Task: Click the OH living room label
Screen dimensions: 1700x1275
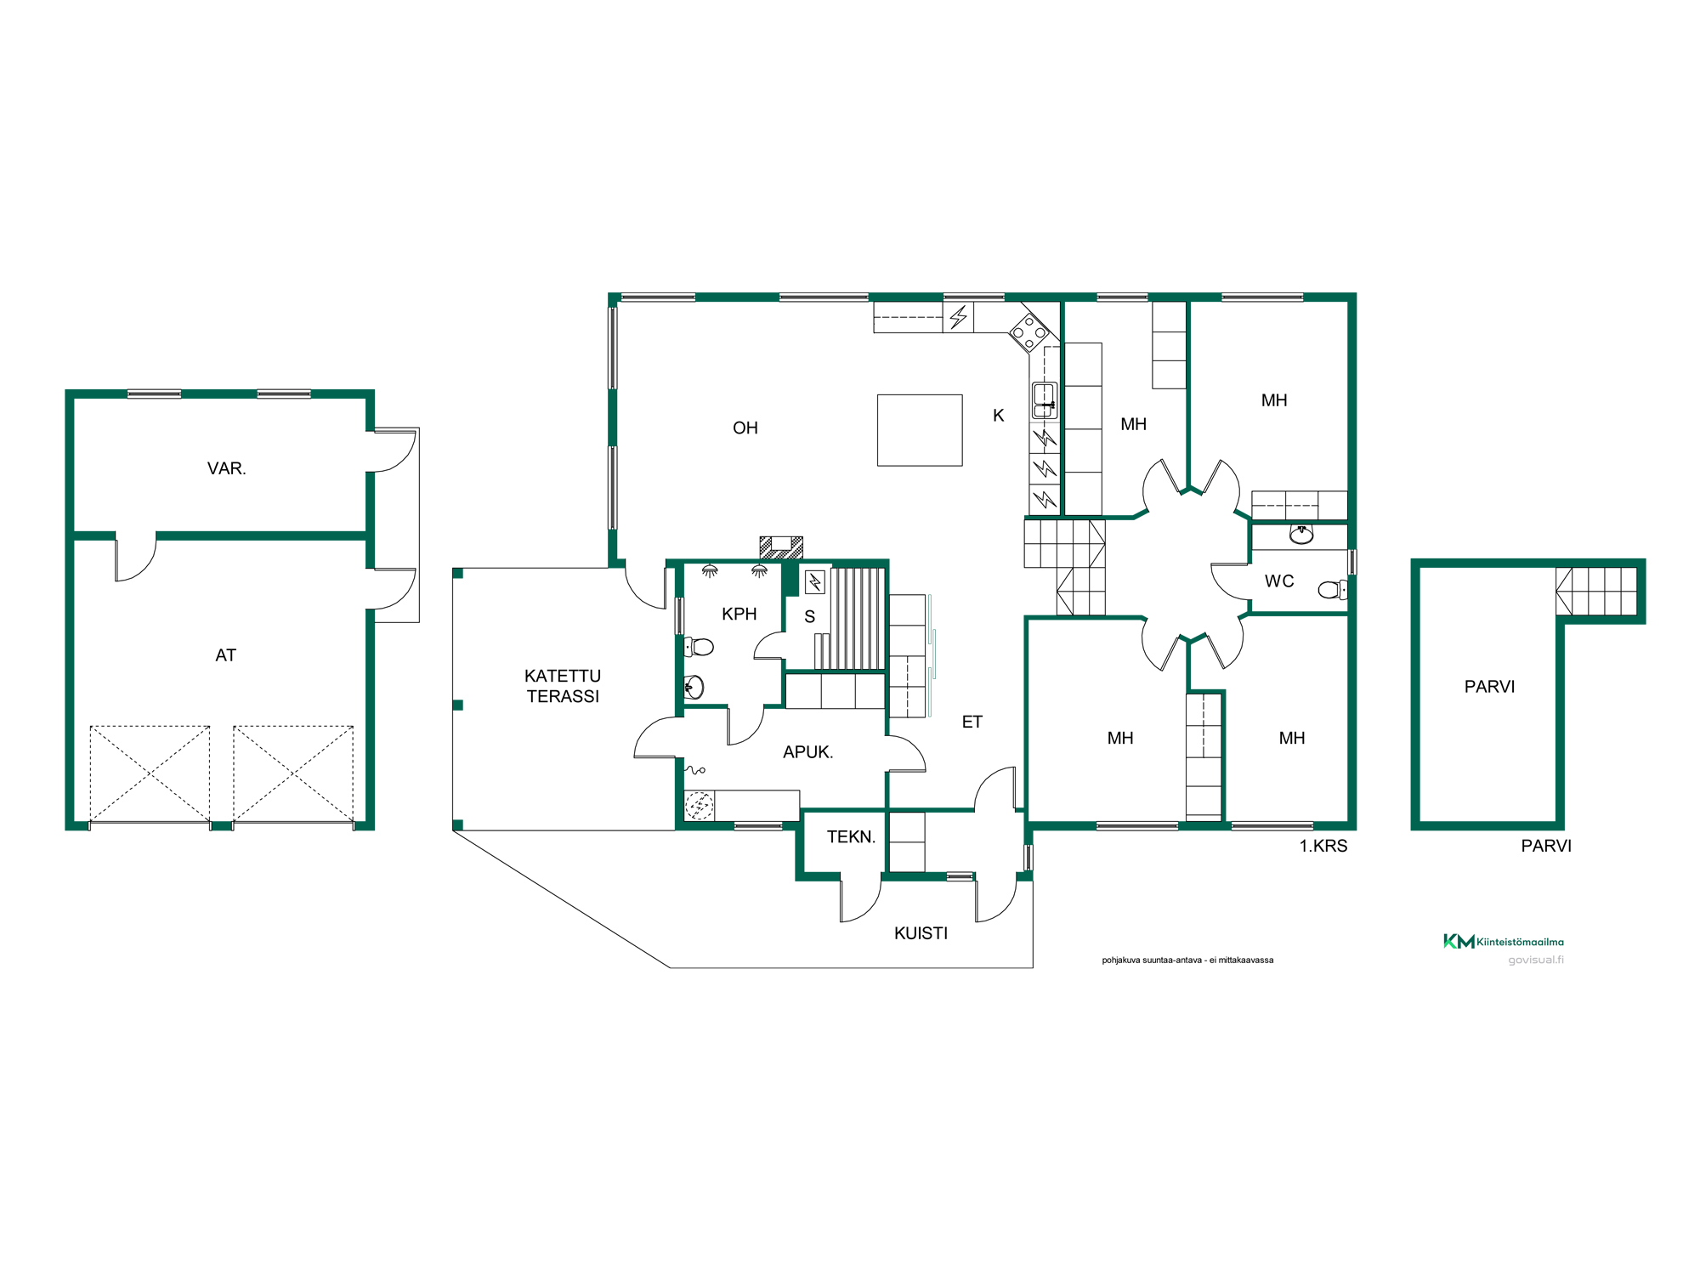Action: coord(745,428)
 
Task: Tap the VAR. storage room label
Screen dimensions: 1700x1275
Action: coord(226,469)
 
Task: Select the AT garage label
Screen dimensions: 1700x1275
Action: coord(225,655)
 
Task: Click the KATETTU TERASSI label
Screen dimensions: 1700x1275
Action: coord(563,686)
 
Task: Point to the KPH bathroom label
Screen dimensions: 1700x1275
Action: coord(739,615)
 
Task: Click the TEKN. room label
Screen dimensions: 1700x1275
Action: coord(851,837)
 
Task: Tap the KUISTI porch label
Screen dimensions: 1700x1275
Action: coord(921,933)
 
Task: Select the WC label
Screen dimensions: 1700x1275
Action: coord(1279,581)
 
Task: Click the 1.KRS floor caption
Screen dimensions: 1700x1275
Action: coord(1323,846)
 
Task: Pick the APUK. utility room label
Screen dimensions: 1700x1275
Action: coord(807,752)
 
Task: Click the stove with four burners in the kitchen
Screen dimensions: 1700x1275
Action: coord(1028,331)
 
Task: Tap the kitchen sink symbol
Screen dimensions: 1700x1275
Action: coord(1044,400)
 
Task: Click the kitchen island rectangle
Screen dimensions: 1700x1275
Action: coord(920,430)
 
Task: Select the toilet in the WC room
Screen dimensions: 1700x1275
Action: coord(1332,589)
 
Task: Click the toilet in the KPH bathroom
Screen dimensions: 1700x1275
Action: coord(699,647)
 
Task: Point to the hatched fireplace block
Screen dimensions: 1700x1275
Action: coord(781,547)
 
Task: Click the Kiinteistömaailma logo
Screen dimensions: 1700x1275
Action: coord(1503,941)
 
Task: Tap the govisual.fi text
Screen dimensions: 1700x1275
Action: coord(1536,960)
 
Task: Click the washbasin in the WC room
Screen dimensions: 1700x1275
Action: coord(1301,534)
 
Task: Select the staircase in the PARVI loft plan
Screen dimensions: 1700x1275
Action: coord(1595,592)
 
